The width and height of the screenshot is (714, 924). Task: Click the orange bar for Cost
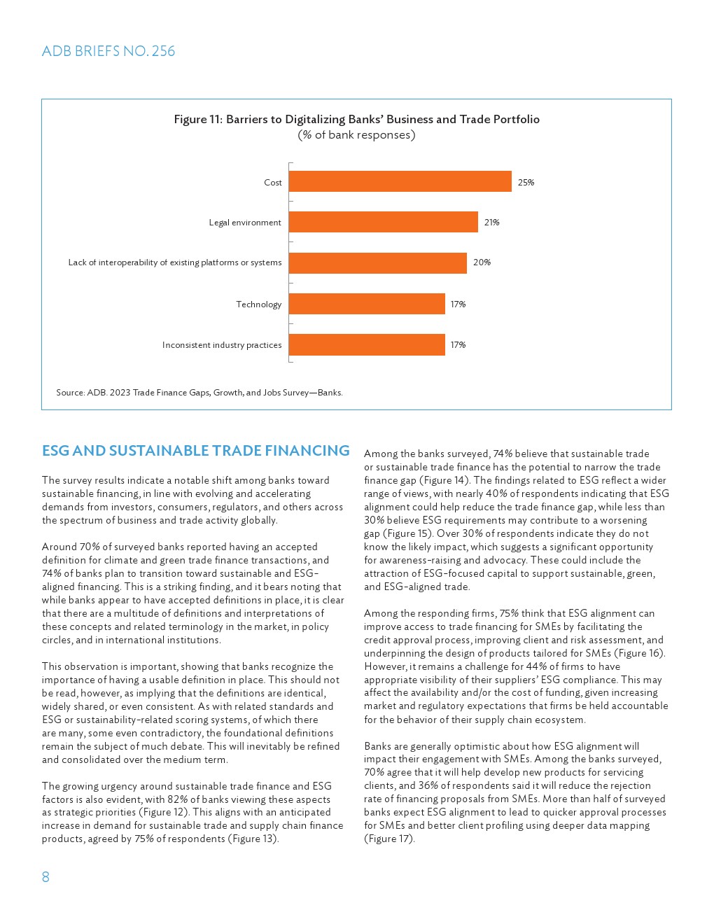pos(400,182)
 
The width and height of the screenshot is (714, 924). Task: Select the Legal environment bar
pos(383,223)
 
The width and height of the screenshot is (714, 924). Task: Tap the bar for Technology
pos(367,304)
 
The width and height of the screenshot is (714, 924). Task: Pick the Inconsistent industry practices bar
pos(367,344)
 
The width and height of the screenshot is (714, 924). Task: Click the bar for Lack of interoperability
pos(377,263)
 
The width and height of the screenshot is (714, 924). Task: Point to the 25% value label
pos(526,183)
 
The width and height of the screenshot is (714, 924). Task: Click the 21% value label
pos(491,223)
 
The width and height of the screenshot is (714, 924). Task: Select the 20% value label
pos(482,262)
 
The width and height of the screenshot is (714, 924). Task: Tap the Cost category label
pos(272,183)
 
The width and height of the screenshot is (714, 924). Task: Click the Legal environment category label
pos(245,223)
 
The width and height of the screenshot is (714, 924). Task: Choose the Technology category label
pos(258,304)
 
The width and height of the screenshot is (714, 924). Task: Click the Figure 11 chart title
pos(356,119)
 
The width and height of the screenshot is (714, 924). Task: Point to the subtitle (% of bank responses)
pos(356,135)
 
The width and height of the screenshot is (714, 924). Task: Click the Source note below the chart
pos(199,393)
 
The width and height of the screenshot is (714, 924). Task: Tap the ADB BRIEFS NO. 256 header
pos(108,51)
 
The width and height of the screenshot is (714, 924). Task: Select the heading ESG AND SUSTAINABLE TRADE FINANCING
pos(195,451)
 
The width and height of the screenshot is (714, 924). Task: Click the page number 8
pos(45,877)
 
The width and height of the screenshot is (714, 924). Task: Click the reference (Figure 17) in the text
pos(389,839)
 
